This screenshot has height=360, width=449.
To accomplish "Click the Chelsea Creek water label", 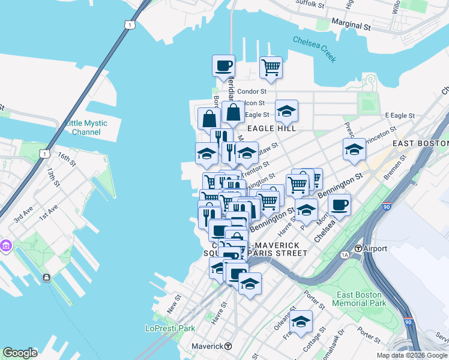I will [x=314, y=49].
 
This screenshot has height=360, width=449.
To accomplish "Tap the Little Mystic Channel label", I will [x=86, y=127].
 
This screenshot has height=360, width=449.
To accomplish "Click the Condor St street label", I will [x=252, y=92].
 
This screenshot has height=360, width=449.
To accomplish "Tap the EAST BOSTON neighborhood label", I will [x=420, y=143].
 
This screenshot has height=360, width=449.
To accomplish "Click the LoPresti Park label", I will [x=170, y=328].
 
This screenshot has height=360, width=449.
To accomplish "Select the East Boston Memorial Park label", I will [x=360, y=299].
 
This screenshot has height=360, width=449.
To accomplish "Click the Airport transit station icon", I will [x=358, y=248].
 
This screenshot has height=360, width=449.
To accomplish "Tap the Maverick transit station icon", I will [x=228, y=346].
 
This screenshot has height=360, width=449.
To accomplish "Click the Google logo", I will [x=20, y=353].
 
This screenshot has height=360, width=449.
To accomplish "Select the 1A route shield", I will [x=345, y=255].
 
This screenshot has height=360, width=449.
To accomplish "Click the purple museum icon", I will [x=7, y=246].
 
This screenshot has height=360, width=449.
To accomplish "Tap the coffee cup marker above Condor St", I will [x=223, y=65].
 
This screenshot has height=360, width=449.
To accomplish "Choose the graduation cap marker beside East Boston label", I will [x=354, y=149].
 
